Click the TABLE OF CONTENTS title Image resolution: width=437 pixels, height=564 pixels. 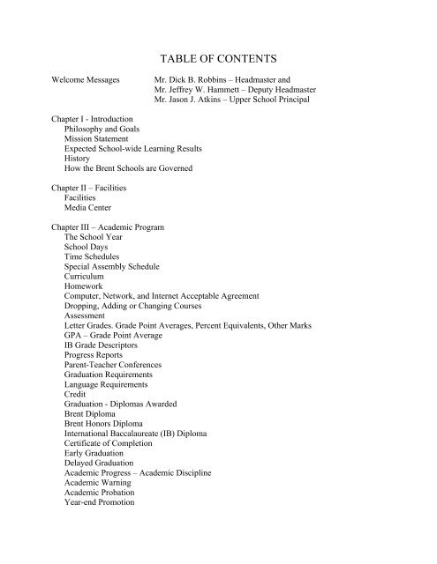[x=217, y=59]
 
